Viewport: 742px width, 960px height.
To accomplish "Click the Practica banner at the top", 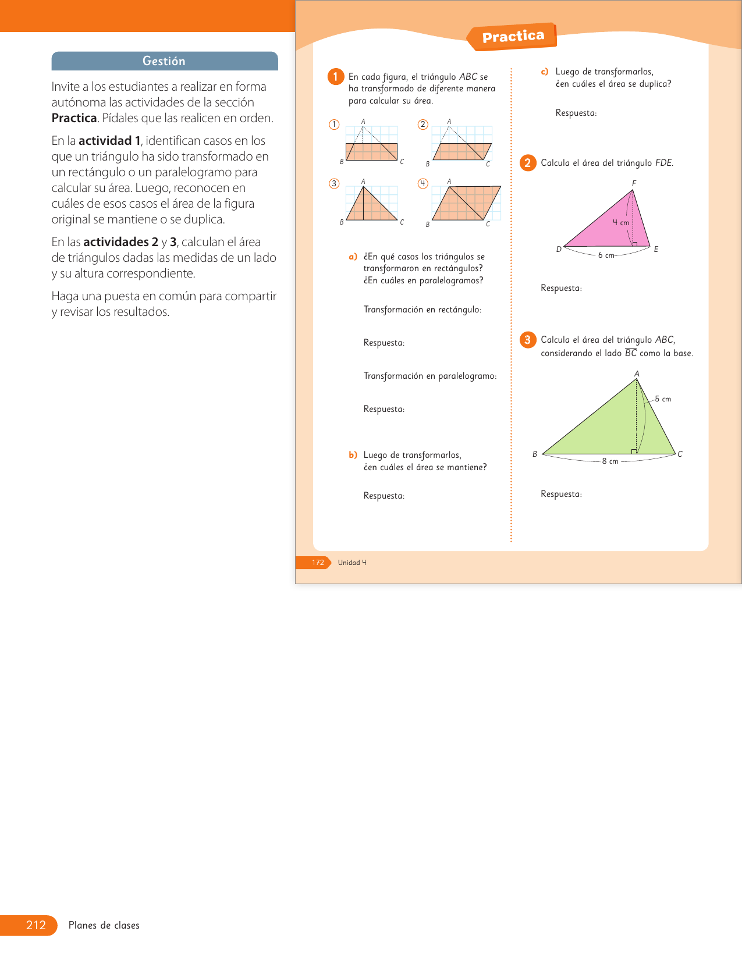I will point(513,37).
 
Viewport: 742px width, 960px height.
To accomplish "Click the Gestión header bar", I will point(165,61).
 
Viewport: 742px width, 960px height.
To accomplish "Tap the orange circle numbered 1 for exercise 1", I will point(336,77).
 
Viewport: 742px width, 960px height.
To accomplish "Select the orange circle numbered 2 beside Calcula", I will point(527,163).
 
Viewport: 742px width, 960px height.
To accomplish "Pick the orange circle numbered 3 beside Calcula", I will point(527,340).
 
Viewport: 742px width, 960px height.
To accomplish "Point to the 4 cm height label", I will point(621,223).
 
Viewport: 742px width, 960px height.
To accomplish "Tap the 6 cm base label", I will point(606,255).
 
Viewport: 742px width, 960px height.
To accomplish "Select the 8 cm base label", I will point(610,461).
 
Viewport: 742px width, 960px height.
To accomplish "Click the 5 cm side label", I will point(663,399).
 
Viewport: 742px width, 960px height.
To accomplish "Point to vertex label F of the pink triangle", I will point(634,183).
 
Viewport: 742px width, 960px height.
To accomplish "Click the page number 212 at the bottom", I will point(36,925).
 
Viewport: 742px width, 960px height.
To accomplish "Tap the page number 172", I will point(318,563).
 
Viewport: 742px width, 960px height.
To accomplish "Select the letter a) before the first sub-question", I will point(353,257).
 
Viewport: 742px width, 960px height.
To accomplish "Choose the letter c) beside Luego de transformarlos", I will point(545,72).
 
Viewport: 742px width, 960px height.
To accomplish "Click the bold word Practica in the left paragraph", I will point(74,118).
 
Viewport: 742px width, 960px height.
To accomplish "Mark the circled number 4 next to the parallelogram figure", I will point(423,184).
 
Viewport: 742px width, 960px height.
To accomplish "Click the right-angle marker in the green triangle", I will point(634,451).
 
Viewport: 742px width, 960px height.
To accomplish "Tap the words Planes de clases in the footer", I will point(104,925).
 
